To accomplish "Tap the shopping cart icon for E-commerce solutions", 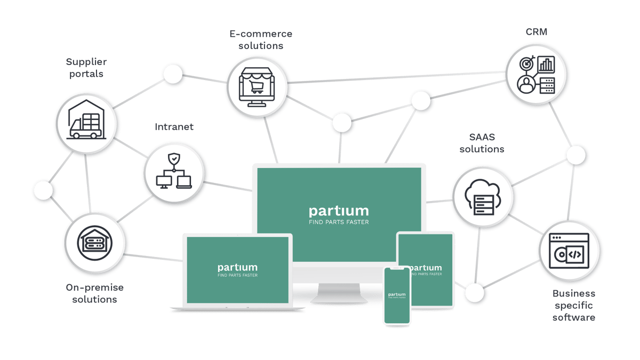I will tap(257, 86).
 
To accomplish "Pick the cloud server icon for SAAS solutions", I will tap(482, 197).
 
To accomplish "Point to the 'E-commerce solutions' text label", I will tap(261, 39).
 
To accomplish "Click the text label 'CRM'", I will tap(536, 32).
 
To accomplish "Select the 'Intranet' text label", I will tap(174, 127).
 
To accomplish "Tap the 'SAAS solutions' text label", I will tap(482, 143).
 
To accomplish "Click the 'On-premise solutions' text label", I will tap(95, 293).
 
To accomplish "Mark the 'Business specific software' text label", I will tap(573, 305).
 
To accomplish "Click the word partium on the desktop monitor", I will tap(339, 211).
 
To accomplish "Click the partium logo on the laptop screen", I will tap(237, 267).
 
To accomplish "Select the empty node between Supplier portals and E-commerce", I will tap(172, 75).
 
